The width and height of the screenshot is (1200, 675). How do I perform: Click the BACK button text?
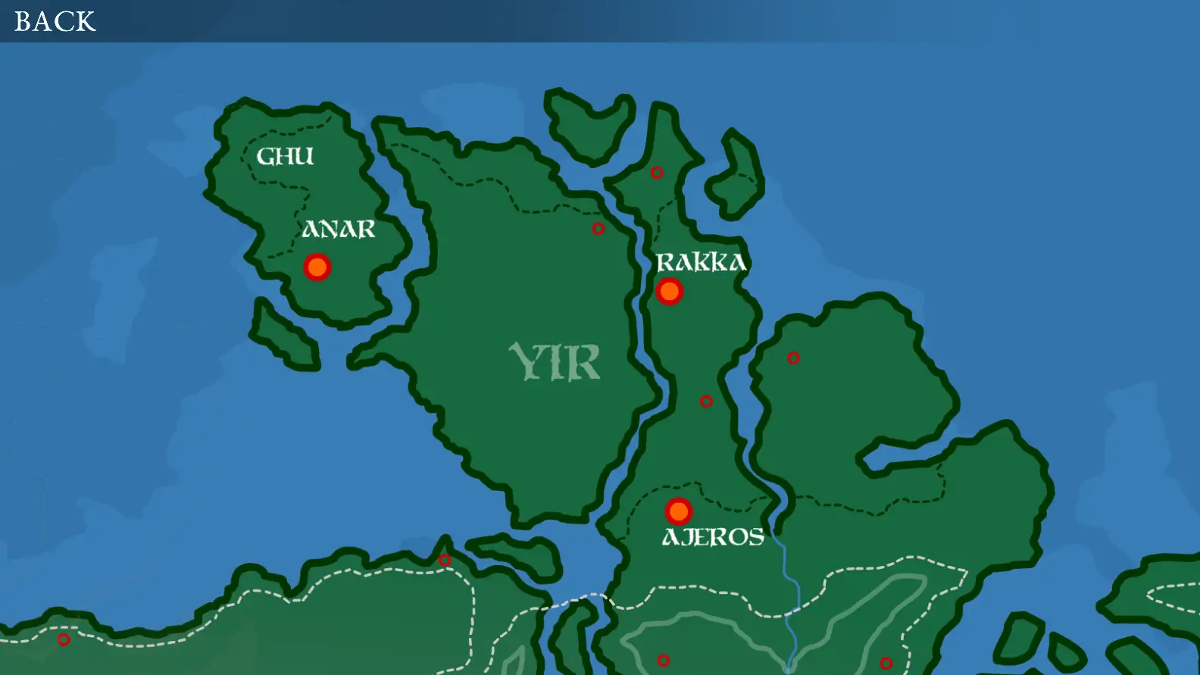pos(55,21)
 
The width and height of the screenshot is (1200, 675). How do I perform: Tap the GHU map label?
pos(285,156)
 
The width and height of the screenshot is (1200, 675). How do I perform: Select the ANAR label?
pos(339,229)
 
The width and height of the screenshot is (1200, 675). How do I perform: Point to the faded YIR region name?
pos(555,361)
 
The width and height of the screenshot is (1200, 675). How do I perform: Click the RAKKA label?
pos(701,262)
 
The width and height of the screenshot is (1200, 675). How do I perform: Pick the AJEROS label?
pos(713,537)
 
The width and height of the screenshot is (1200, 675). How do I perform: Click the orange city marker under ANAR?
pos(317,267)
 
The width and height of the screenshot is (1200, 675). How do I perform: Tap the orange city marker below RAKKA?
pos(670,291)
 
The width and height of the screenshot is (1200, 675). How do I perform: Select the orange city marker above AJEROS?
pos(679,511)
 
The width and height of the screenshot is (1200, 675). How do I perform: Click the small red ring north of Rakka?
pos(657,173)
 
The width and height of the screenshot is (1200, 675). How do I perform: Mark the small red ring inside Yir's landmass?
pos(598,228)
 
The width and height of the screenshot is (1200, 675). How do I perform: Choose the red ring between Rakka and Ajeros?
pos(706,402)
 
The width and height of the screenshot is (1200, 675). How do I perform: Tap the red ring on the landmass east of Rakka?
pos(793,358)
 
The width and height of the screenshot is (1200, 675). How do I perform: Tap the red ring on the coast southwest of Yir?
pos(445,561)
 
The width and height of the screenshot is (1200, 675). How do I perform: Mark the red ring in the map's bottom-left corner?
pos(64,640)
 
